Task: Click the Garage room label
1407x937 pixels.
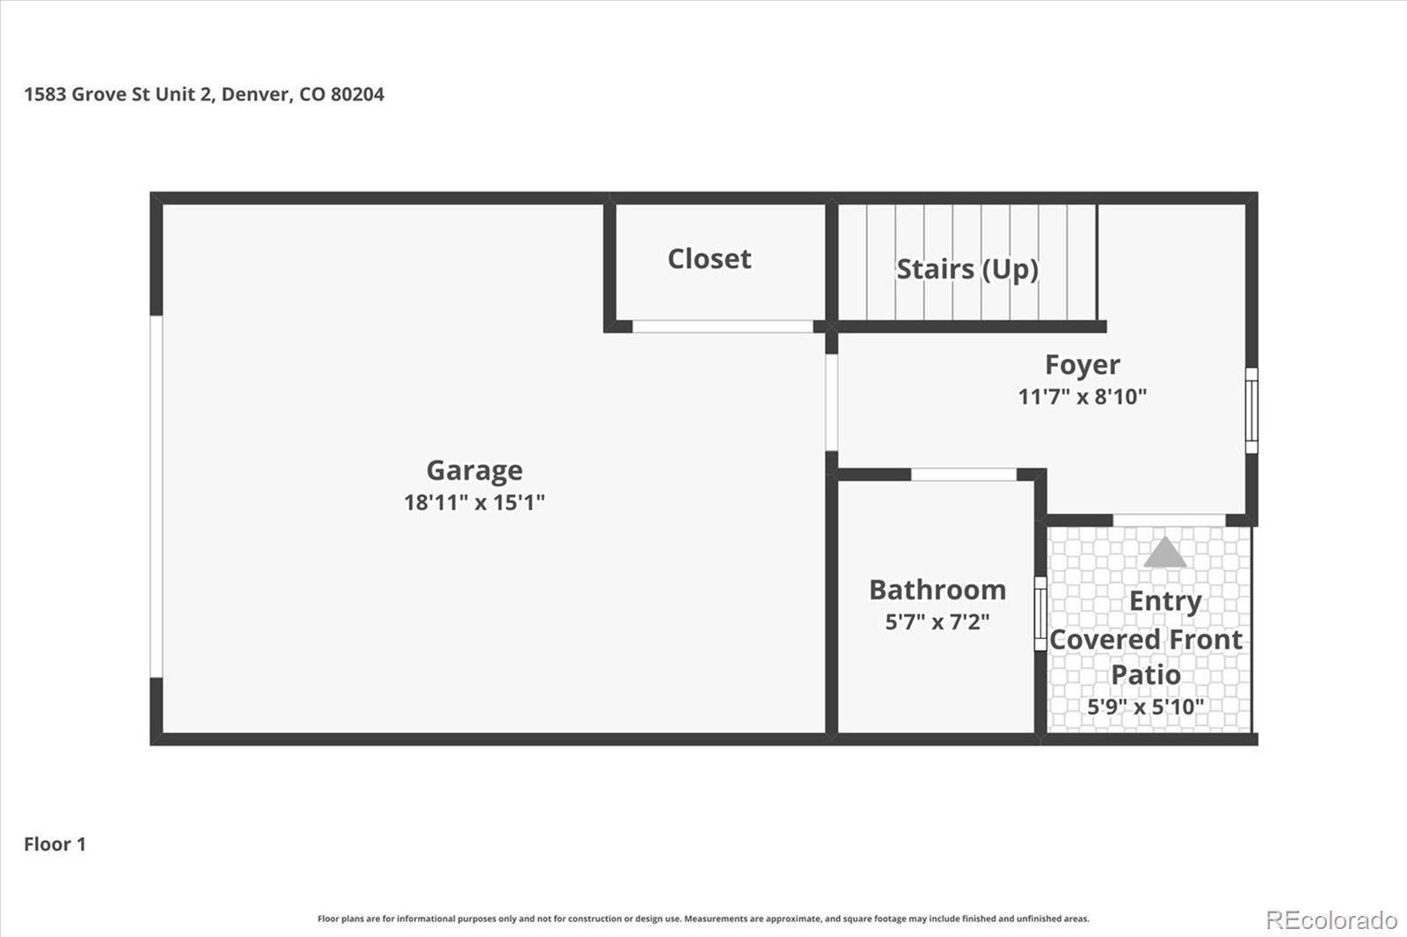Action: pyautogui.click(x=474, y=471)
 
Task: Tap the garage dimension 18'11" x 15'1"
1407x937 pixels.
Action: pyautogui.click(x=474, y=503)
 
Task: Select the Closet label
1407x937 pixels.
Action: pyautogui.click(x=709, y=259)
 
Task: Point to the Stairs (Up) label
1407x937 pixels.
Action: pyautogui.click(x=966, y=269)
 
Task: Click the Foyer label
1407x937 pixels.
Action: pyautogui.click(x=1082, y=365)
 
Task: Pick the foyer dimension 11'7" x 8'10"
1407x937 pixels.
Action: pyautogui.click(x=1082, y=397)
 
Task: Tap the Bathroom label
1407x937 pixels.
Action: pyautogui.click(x=937, y=590)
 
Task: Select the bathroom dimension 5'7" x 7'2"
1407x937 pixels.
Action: pyautogui.click(x=937, y=622)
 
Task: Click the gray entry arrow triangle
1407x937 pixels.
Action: pyautogui.click(x=1165, y=553)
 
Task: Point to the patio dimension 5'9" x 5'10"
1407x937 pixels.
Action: pyautogui.click(x=1145, y=707)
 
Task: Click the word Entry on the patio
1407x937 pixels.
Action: pyautogui.click(x=1164, y=601)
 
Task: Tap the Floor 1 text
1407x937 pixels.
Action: pyautogui.click(x=55, y=845)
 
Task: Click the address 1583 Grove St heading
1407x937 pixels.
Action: pyautogui.click(x=204, y=94)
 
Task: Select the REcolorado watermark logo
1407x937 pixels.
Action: pyautogui.click(x=1331, y=919)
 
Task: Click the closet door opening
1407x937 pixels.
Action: pyautogui.click(x=723, y=327)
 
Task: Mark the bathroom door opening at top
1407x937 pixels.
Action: pyautogui.click(x=963, y=475)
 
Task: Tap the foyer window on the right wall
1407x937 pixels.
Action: pyautogui.click(x=1251, y=410)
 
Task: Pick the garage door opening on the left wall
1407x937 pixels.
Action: pyautogui.click(x=157, y=497)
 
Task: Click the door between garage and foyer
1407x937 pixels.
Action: pyautogui.click(x=831, y=403)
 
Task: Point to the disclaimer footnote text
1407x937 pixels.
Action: pyautogui.click(x=703, y=919)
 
